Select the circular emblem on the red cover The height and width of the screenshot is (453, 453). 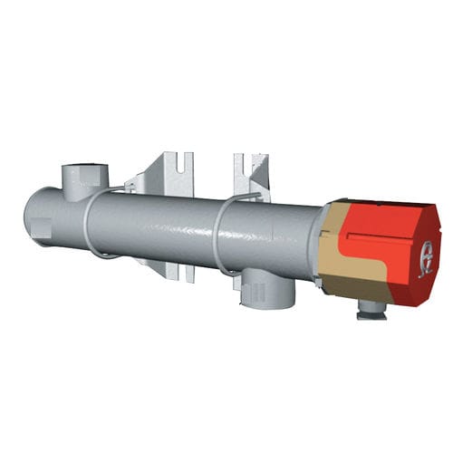[424, 259]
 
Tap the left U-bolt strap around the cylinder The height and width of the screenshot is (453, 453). [89, 226]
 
